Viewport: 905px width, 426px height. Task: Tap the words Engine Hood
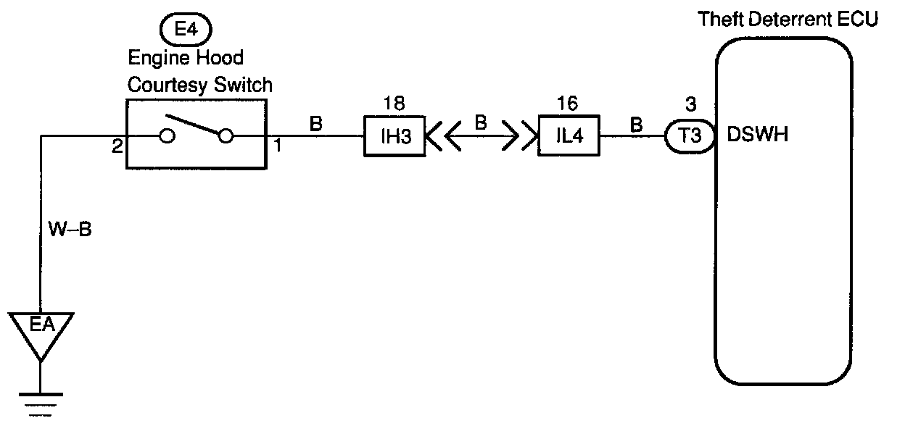[x=186, y=57]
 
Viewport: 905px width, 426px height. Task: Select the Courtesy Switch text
[x=200, y=84]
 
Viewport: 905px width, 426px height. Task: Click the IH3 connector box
[x=394, y=136]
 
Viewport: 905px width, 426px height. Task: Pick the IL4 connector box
[x=569, y=136]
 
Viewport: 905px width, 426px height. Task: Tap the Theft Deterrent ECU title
[x=788, y=19]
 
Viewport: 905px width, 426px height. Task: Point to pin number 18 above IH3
[x=394, y=104]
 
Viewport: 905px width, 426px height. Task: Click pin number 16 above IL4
[x=569, y=104]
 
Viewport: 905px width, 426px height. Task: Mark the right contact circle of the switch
[x=226, y=136]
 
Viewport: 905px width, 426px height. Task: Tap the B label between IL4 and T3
[x=637, y=124]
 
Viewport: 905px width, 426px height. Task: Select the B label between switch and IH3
[x=316, y=124]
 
